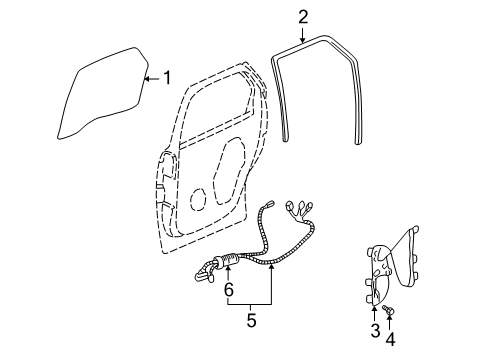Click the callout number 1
coord(168,77)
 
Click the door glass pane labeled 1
coord(100,90)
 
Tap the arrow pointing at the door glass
coord(151,77)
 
